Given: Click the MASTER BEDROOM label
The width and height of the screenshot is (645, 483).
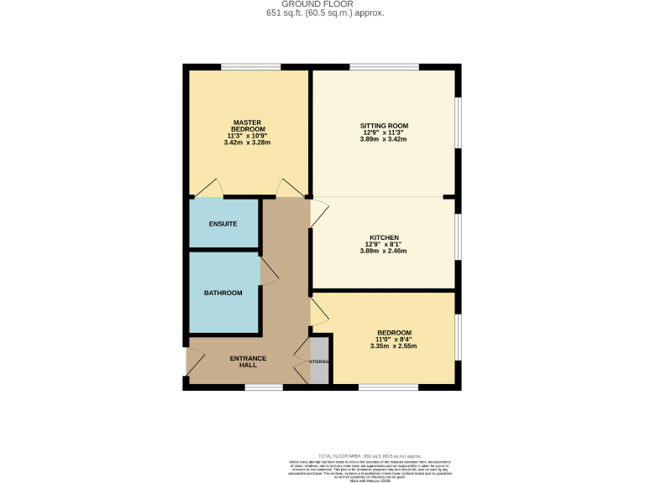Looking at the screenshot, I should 249,125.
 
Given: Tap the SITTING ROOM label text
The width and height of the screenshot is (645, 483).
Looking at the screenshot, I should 385,126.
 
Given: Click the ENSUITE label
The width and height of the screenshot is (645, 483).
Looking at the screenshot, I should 223,224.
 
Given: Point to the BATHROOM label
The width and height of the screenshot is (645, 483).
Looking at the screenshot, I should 223,293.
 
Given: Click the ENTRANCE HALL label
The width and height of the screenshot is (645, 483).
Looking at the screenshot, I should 248,361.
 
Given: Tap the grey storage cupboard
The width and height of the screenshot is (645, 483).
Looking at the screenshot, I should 320,361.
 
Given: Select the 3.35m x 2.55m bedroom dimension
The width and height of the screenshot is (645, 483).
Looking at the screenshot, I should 394,345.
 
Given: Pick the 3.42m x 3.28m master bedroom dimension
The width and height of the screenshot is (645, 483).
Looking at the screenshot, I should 249,143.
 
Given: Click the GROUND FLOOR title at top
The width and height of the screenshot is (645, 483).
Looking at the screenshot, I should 322,4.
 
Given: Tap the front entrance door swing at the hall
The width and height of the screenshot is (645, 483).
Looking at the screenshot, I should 195,361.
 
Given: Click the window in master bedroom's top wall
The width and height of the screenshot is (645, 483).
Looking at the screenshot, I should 250,67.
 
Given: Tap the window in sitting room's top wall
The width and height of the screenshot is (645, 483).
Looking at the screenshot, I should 383,67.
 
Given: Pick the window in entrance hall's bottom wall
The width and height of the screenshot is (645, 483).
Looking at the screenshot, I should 264,387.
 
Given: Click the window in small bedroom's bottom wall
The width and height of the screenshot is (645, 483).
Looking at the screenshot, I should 387,387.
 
